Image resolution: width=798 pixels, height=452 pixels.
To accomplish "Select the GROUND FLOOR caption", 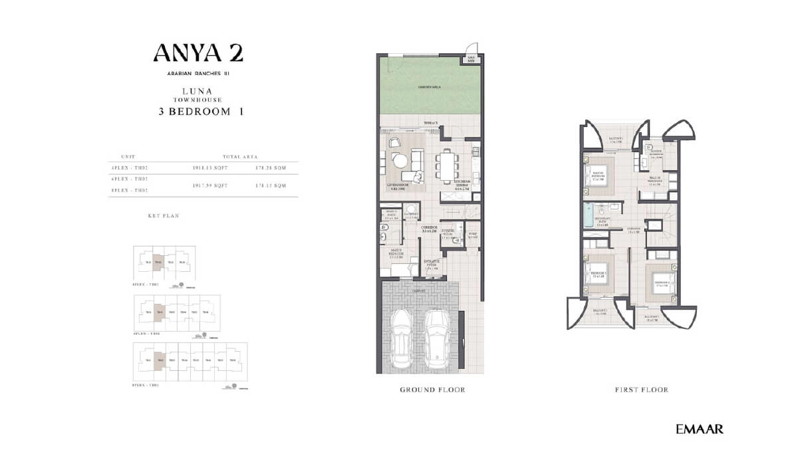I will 432,390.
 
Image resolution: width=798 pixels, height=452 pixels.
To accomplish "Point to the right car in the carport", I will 439,338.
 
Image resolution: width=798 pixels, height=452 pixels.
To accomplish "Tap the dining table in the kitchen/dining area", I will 447,164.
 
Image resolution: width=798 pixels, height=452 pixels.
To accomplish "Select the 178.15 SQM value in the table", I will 271,186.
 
